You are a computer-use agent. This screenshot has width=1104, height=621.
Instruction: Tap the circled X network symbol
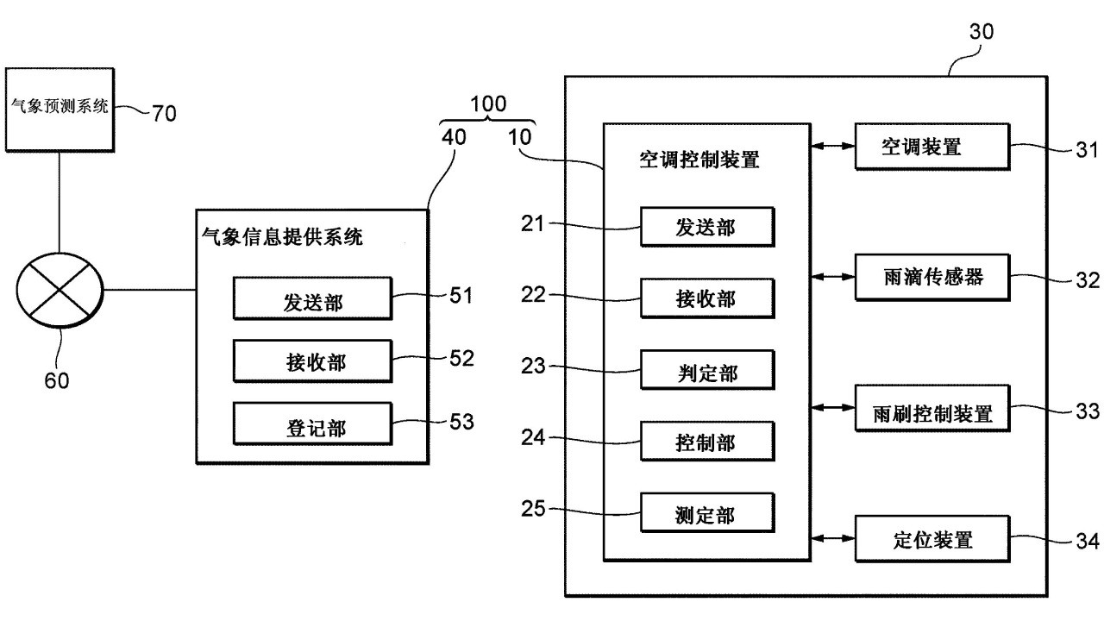[59, 291]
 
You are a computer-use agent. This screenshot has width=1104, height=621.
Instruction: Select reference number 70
[163, 113]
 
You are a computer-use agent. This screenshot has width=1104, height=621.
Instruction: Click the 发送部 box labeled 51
[313, 299]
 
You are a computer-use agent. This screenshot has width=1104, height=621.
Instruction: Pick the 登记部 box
[313, 425]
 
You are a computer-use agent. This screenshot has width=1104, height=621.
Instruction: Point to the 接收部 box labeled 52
[313, 362]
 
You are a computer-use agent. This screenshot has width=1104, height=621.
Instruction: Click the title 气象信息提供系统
[281, 236]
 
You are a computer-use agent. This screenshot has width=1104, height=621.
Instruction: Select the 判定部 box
[706, 373]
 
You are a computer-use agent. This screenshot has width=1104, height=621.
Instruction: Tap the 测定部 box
[706, 515]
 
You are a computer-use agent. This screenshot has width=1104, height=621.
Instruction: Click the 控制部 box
[706, 442]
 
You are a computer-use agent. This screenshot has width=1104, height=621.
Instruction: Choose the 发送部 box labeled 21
[706, 227]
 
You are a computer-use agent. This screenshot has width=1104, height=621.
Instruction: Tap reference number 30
[982, 32]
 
